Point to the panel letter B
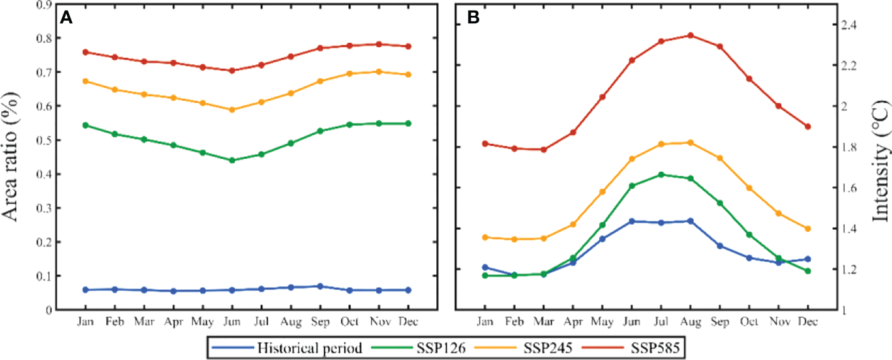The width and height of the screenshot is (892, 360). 473,18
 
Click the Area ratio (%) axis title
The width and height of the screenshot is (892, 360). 17,155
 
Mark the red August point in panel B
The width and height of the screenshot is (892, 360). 690,35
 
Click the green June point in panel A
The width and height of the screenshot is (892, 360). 232,160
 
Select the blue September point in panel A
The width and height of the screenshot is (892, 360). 320,286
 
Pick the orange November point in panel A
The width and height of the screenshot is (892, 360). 378,72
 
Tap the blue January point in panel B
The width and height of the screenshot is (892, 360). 485,267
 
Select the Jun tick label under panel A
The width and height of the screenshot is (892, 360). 232,322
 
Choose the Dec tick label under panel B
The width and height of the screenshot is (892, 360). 808,322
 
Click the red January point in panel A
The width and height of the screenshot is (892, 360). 86,52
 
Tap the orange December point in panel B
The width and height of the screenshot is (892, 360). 808,228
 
